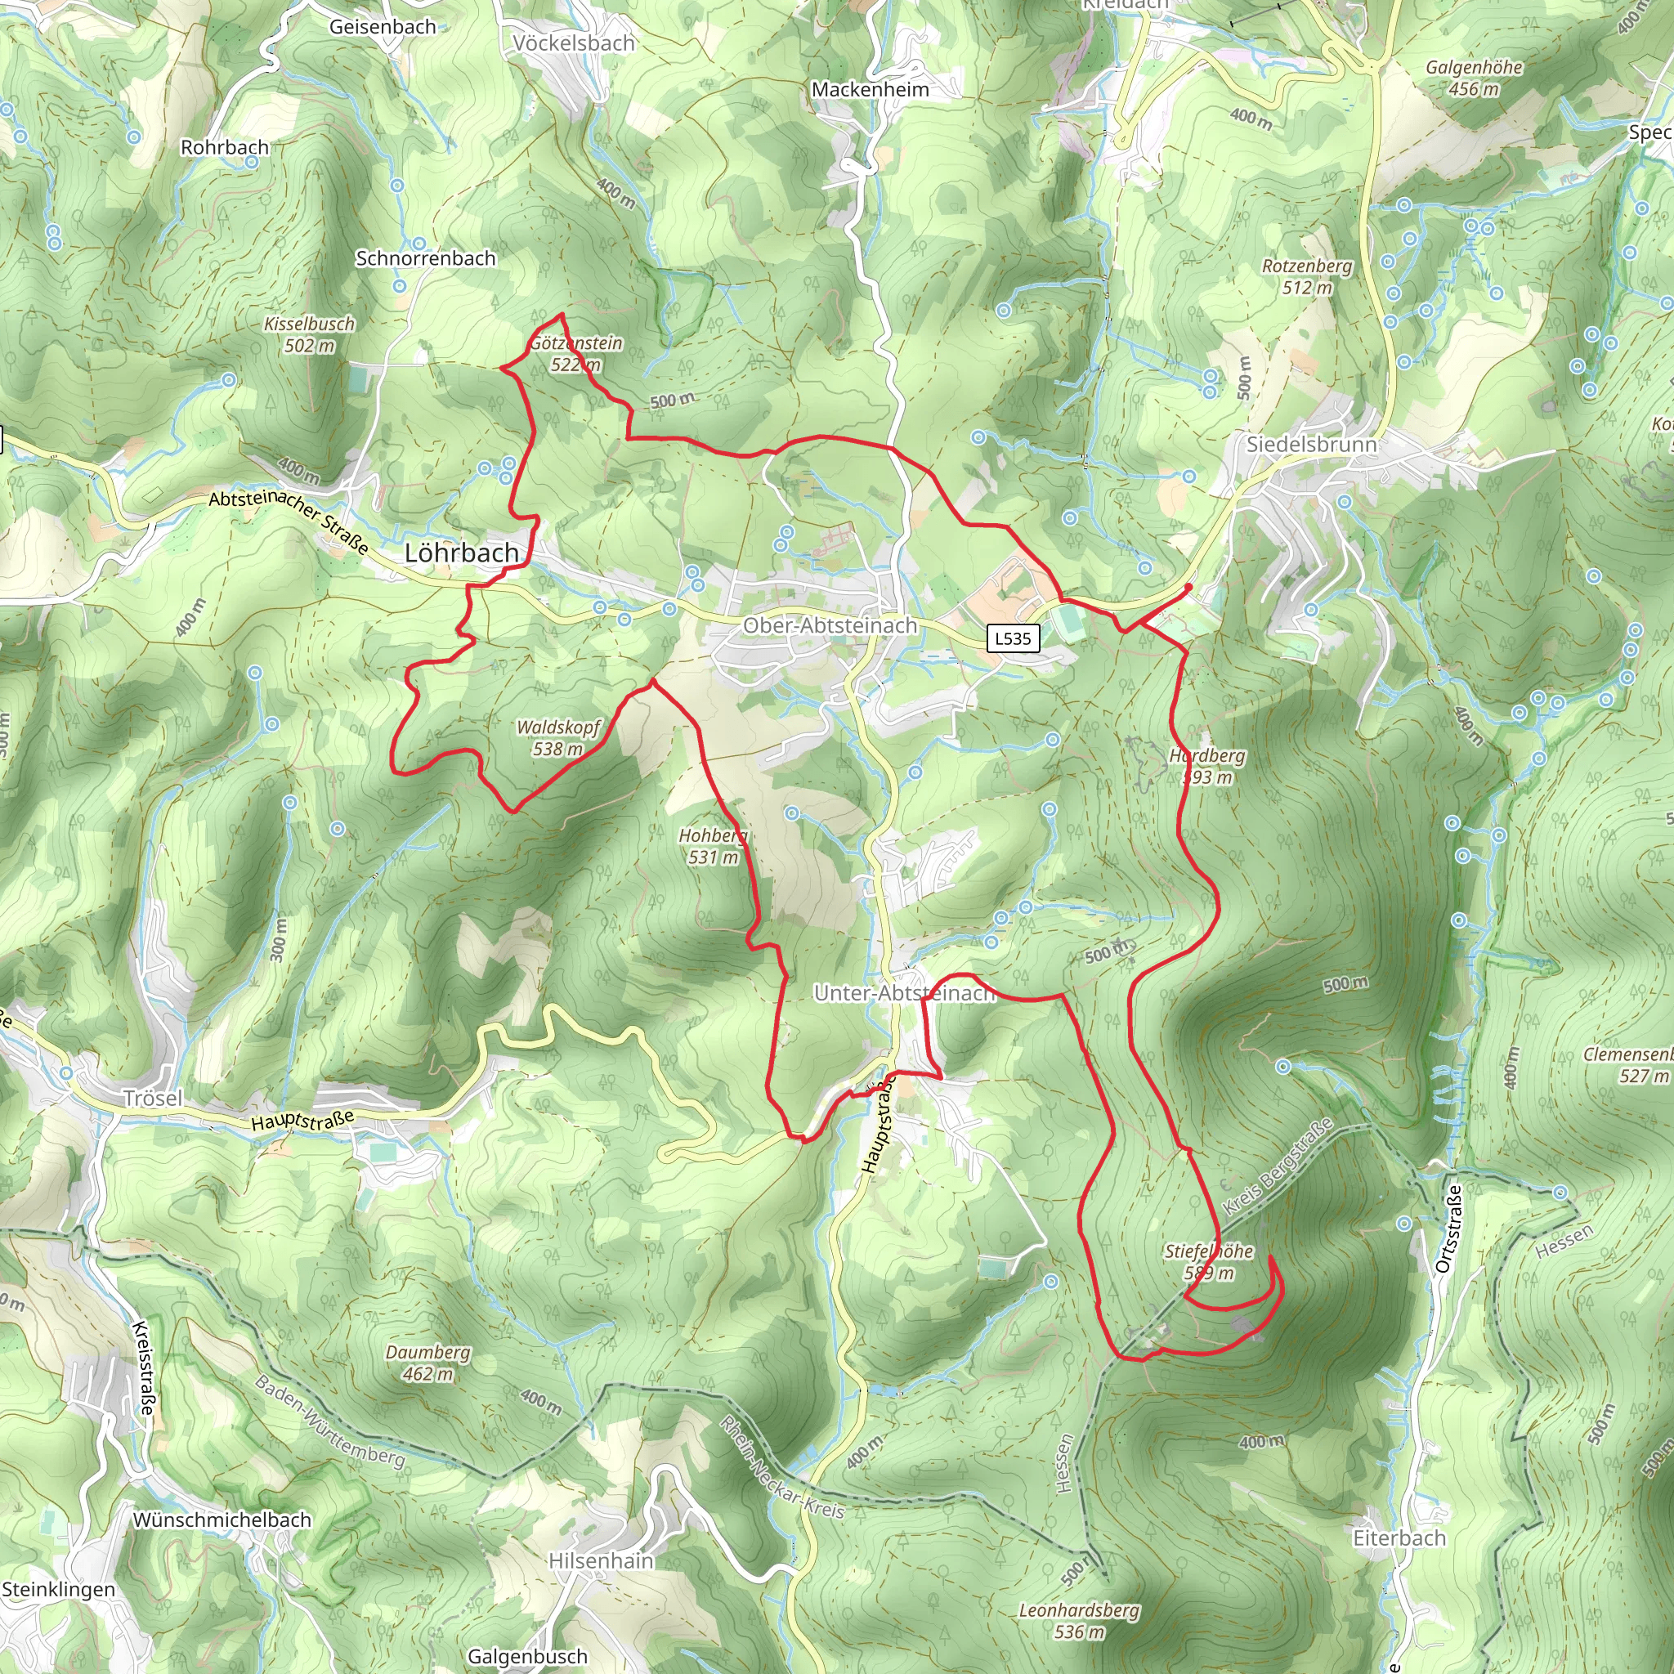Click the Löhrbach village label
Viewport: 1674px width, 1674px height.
pyautogui.click(x=462, y=553)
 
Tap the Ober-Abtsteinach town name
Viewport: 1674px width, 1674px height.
pyautogui.click(x=829, y=625)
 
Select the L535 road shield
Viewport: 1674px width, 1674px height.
pyautogui.click(x=1013, y=638)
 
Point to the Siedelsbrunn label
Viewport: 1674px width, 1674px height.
pyautogui.click(x=1311, y=445)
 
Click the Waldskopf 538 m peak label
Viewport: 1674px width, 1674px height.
pyautogui.click(x=558, y=738)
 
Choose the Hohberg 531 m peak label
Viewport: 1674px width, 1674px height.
pyautogui.click(x=712, y=847)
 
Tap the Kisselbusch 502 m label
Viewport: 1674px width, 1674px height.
pyautogui.click(x=309, y=334)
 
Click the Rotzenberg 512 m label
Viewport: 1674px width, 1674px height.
pyautogui.click(x=1307, y=276)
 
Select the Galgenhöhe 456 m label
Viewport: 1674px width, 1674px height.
pyautogui.click(x=1474, y=78)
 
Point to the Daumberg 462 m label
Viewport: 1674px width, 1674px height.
pyautogui.click(x=428, y=1363)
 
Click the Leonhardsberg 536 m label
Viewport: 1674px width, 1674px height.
pyautogui.click(x=1079, y=1620)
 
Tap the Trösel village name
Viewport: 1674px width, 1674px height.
pyautogui.click(x=153, y=1099)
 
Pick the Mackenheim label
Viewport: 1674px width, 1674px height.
pyautogui.click(x=870, y=89)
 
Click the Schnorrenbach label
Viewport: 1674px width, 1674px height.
pyautogui.click(x=425, y=258)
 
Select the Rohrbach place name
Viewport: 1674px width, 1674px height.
pyautogui.click(x=225, y=147)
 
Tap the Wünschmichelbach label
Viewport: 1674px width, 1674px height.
pyautogui.click(x=222, y=1520)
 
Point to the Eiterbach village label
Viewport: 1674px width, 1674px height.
pyautogui.click(x=1399, y=1538)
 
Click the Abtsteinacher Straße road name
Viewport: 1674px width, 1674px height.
pyautogui.click(x=289, y=521)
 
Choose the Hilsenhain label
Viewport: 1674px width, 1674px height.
pyautogui.click(x=602, y=1560)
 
